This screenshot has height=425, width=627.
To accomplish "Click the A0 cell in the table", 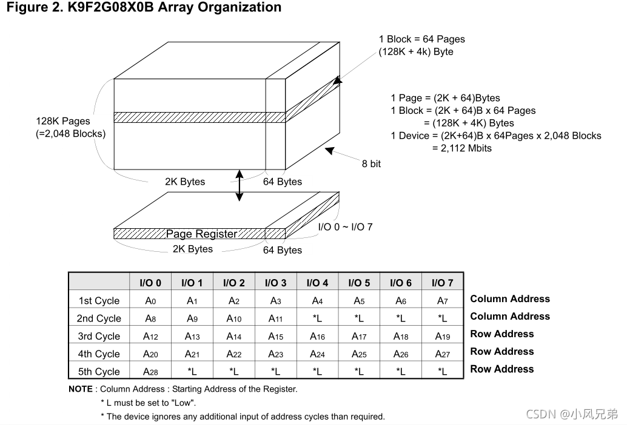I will tap(150, 301).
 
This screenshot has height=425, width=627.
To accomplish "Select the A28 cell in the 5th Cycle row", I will tap(150, 372).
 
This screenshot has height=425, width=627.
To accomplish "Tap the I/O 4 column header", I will tap(317, 283).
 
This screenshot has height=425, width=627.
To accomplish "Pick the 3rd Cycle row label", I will tap(99, 337).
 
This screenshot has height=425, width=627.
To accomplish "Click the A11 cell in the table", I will tap(275, 318).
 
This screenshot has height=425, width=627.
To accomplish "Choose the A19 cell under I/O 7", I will tap(443, 337).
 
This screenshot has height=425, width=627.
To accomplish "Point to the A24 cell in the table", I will tap(317, 354).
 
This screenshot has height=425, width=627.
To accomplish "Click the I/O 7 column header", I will tap(443, 283).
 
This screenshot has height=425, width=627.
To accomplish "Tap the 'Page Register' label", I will tap(201, 234).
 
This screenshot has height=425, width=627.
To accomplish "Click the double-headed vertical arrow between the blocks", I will tap(240, 185).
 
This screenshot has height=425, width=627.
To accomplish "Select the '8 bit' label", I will tap(371, 163).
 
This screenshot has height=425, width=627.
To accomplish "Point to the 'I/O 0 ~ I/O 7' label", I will tap(346, 227).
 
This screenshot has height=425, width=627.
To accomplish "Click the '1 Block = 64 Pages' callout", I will tap(422, 39).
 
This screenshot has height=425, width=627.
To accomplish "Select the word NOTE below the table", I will tap(81, 389).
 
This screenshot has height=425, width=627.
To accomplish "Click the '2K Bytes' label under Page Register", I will tap(193, 249).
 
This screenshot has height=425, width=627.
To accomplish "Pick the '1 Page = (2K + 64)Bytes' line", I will tap(445, 98).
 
